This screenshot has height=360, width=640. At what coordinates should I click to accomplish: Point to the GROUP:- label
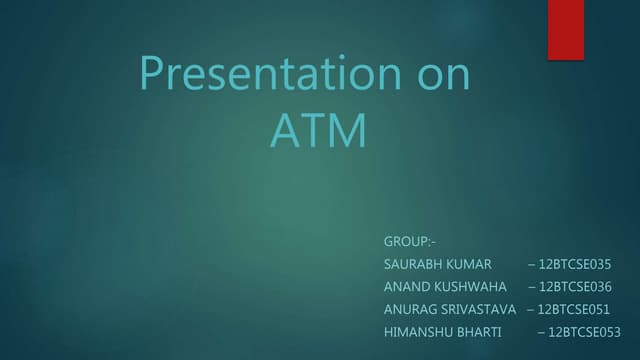pos(409,242)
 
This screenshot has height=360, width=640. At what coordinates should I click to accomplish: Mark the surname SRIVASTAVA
pos(478,309)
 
